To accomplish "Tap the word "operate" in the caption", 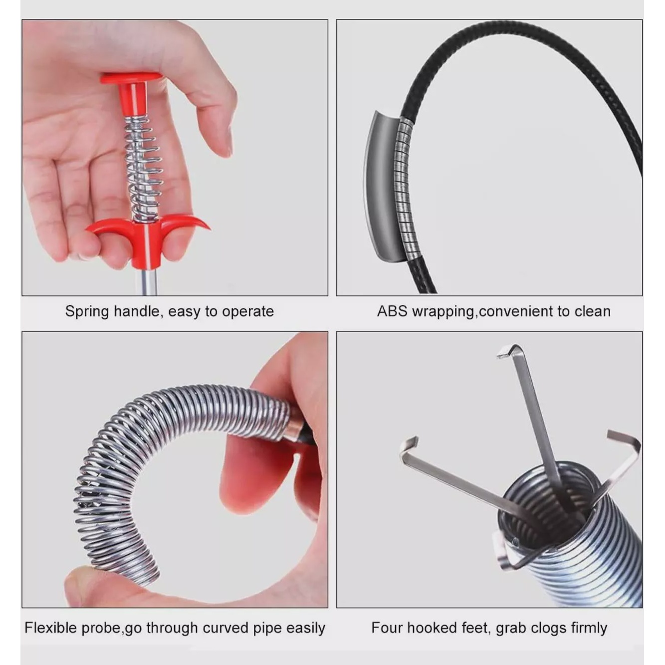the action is [x=248, y=312].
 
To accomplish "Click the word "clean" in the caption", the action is [x=593, y=311].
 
